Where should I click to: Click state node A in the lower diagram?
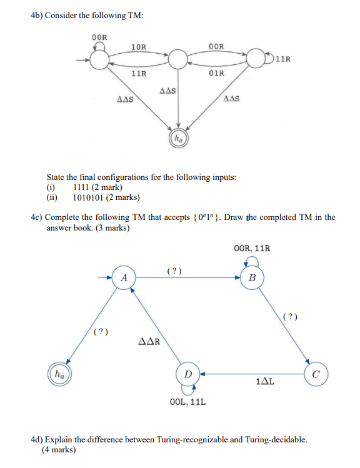(x=124, y=277)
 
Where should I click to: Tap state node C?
(x=316, y=375)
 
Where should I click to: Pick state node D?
(x=188, y=374)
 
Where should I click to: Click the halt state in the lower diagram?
(x=59, y=374)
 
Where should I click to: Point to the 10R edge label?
(x=139, y=47)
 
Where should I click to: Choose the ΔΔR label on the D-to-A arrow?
(x=148, y=342)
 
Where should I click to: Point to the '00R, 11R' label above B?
(x=252, y=248)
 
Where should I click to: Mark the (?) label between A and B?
(x=176, y=271)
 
